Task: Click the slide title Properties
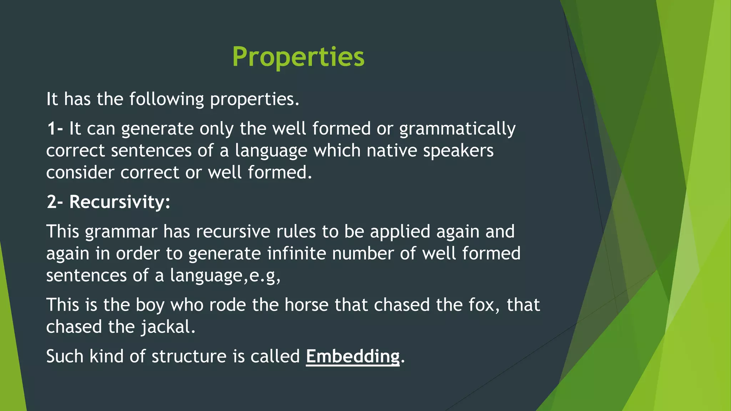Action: [298, 57]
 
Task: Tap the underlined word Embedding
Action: [353, 356]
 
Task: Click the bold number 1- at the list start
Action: [55, 128]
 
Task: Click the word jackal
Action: [168, 327]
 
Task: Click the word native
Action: [392, 151]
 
